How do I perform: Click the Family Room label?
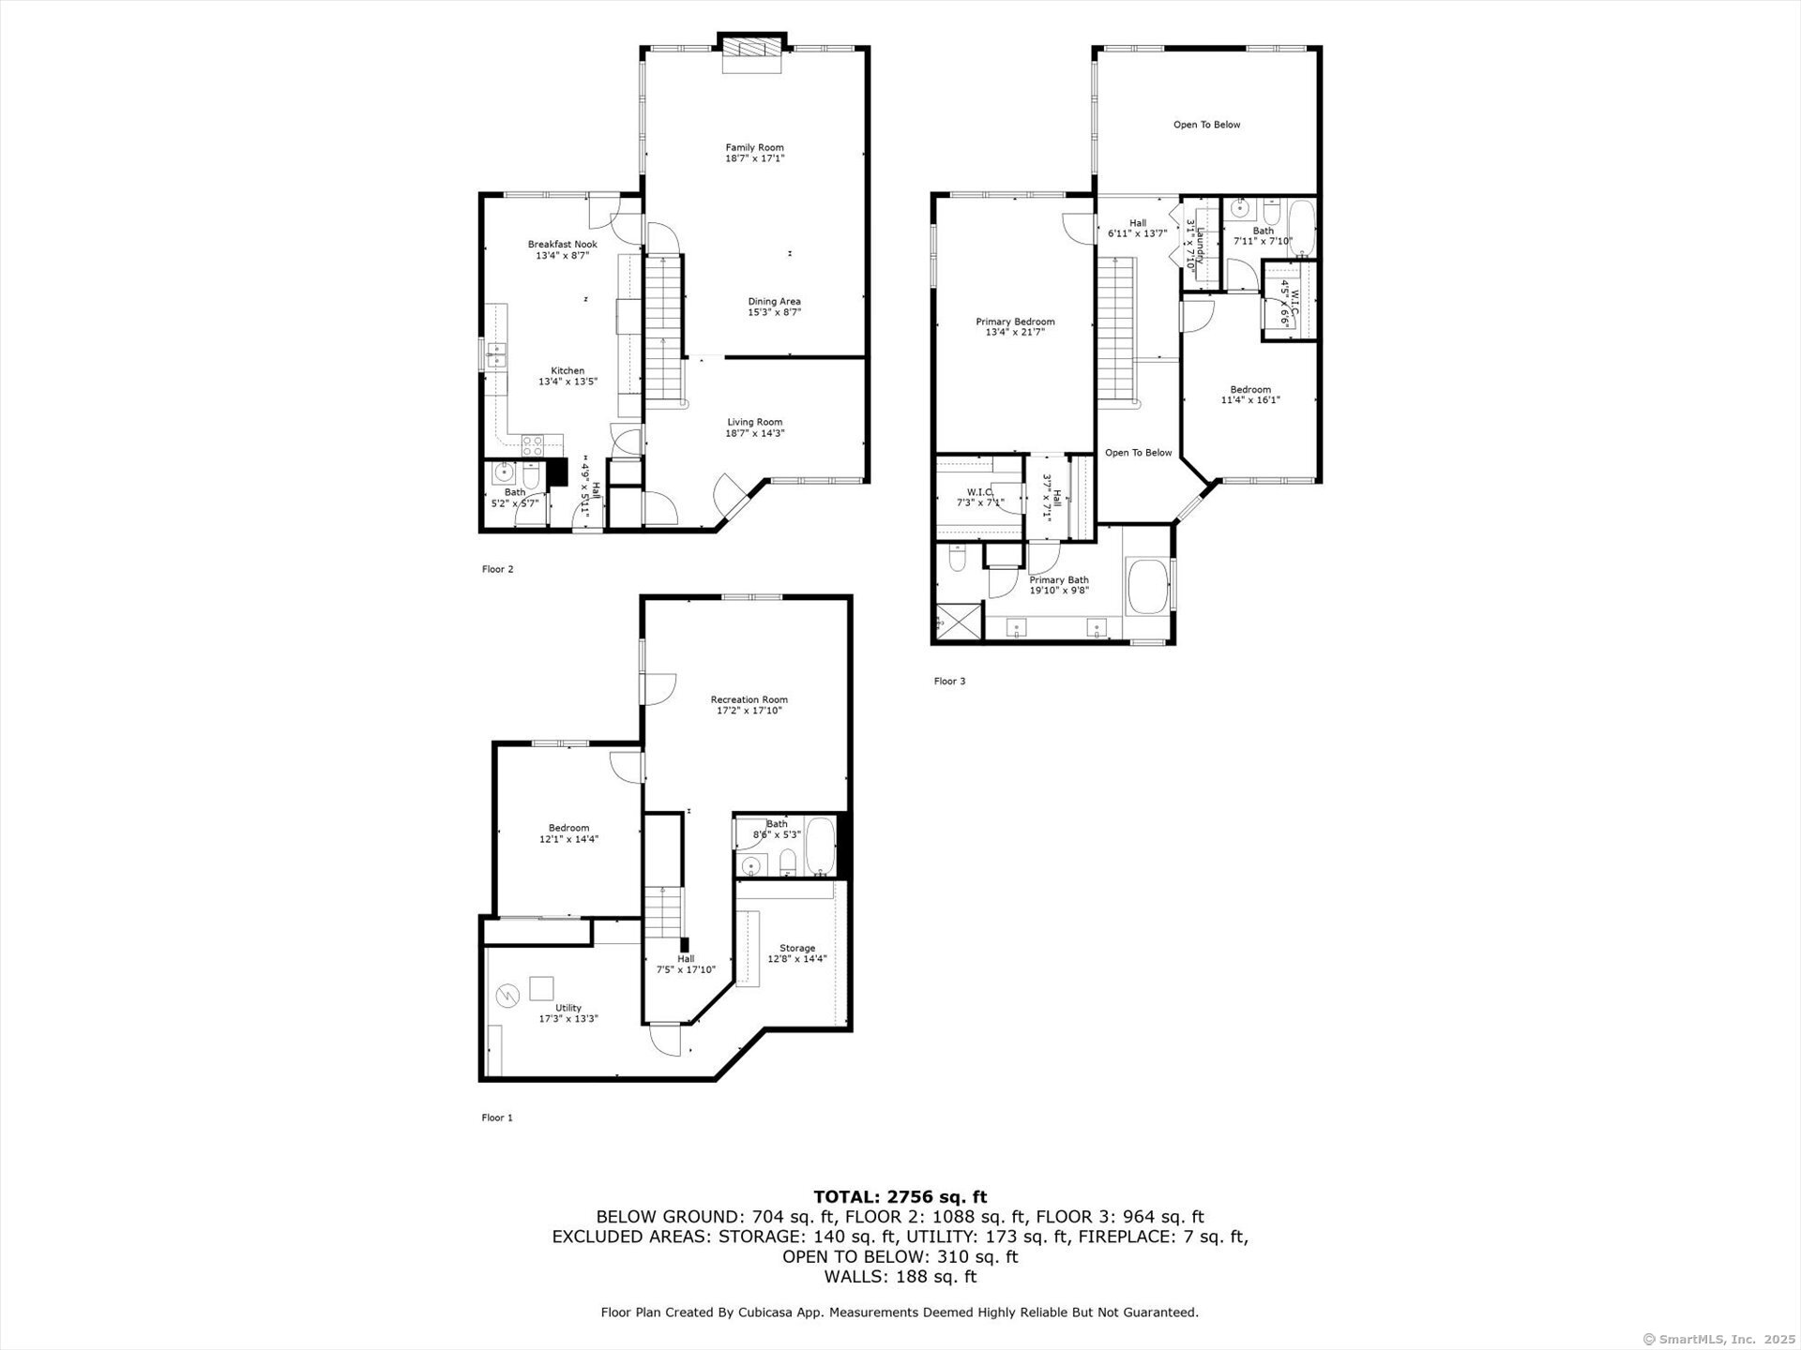coord(754,147)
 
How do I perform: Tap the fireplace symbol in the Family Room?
coord(750,54)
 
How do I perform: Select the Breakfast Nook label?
coord(562,245)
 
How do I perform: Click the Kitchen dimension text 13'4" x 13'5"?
coord(568,382)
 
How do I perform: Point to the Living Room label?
coord(754,422)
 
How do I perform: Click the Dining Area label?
coord(774,301)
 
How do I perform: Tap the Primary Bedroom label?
coord(1015,322)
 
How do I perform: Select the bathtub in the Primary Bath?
coord(1147,586)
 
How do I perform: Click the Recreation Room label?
coord(749,699)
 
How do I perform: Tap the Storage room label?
coord(797,948)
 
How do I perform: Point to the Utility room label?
coord(568,1008)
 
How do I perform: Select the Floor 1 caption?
coord(497,1117)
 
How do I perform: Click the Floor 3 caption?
coord(949,682)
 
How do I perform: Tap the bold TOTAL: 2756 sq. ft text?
coord(900,1196)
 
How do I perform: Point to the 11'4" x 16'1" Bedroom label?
coord(1250,395)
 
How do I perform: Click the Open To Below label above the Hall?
coord(1206,125)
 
